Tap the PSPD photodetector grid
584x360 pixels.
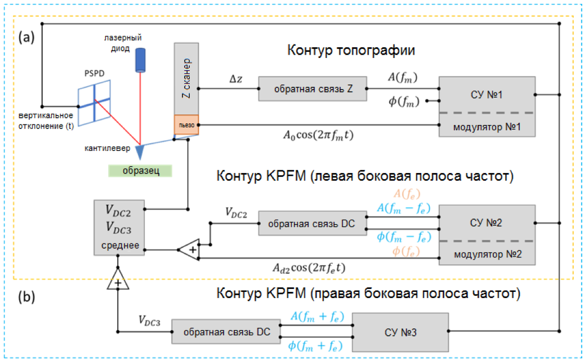[x=94, y=101]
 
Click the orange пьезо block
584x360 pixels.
[x=186, y=125]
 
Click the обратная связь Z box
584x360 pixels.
[x=313, y=88]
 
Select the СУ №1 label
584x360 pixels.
[x=486, y=94]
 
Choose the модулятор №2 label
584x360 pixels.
[x=486, y=255]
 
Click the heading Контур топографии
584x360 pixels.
[x=351, y=51]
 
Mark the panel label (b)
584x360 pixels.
[x=26, y=296]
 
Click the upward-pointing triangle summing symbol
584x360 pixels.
[x=118, y=281]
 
